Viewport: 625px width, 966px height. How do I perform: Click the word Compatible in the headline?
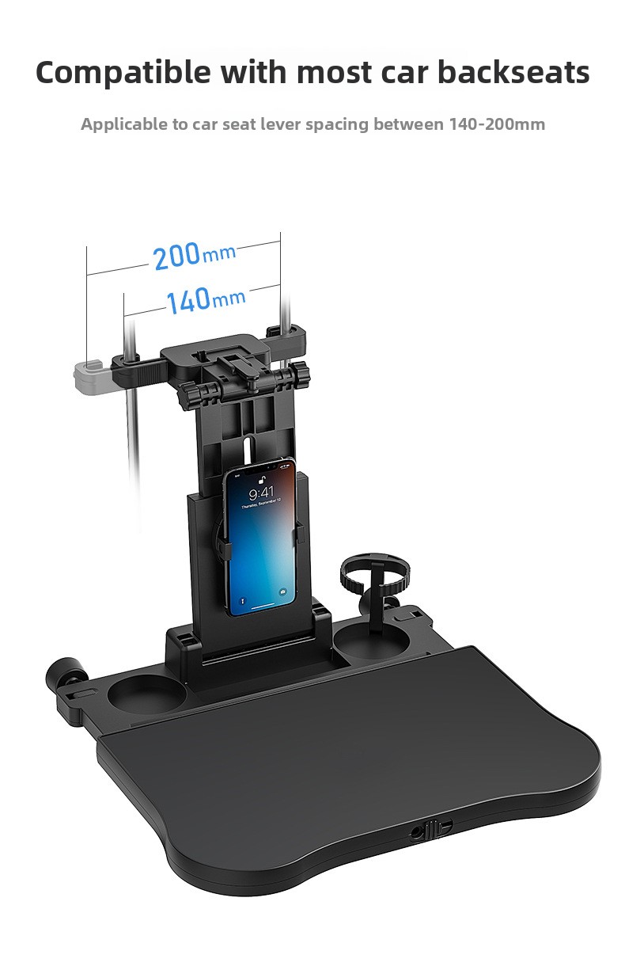tap(123, 72)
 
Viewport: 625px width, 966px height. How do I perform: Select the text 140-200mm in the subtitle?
tap(497, 124)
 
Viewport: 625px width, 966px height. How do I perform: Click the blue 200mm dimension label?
tap(195, 256)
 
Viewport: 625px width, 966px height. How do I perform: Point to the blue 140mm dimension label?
tap(206, 300)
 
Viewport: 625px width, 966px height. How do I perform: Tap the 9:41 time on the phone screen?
tap(261, 493)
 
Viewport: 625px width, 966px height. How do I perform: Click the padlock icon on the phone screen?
tap(261, 480)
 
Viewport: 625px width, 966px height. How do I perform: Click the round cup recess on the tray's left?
tap(147, 693)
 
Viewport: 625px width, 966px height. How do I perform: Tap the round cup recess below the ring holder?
tap(371, 641)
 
